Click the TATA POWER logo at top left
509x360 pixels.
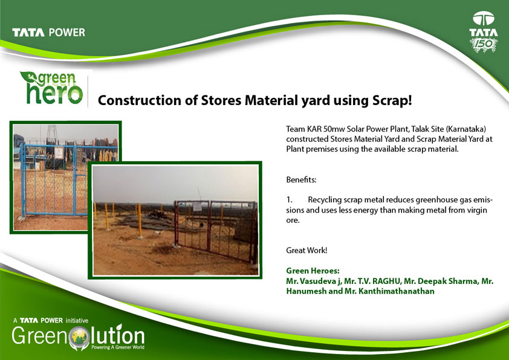coord(49,33)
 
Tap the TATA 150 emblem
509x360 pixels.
coord(484,32)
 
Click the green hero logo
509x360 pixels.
coord(52,88)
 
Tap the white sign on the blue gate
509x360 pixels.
coord(59,153)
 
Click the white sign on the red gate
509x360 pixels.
coord(197,207)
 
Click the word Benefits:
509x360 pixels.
coord(301,179)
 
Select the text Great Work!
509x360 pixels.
coord(306,250)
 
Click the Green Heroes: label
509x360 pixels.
coord(313,271)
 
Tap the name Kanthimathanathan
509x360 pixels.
coord(397,291)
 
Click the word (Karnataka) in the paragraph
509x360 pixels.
coord(466,129)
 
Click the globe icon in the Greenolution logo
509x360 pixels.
coord(80,337)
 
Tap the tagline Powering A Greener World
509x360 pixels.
coord(118,347)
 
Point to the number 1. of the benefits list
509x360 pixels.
coord(289,200)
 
